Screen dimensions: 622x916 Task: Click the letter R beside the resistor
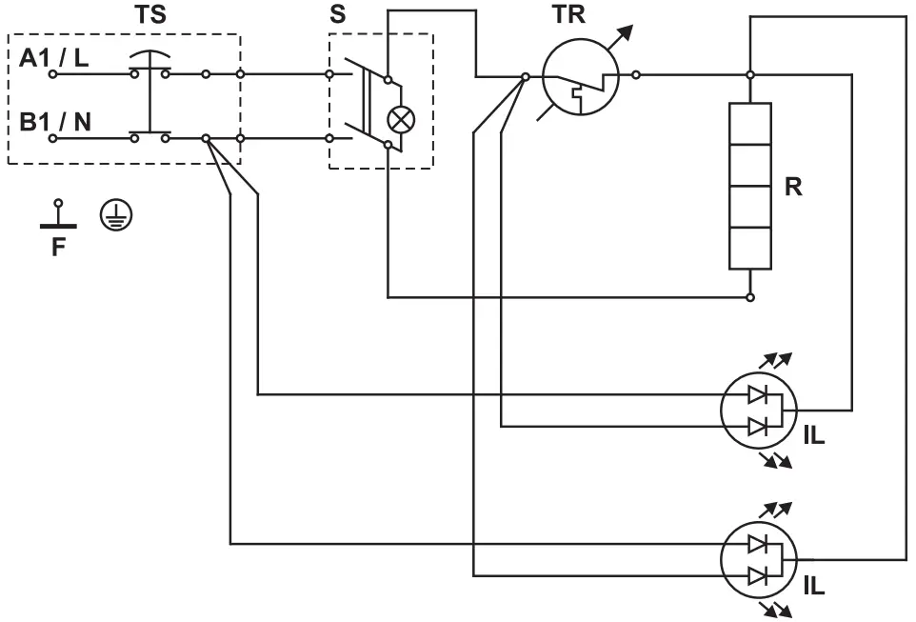792,187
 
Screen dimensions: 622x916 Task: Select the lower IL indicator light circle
759,559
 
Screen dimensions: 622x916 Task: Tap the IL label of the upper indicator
814,437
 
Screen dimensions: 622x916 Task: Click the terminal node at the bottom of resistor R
750,297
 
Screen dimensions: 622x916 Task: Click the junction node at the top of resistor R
750,73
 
